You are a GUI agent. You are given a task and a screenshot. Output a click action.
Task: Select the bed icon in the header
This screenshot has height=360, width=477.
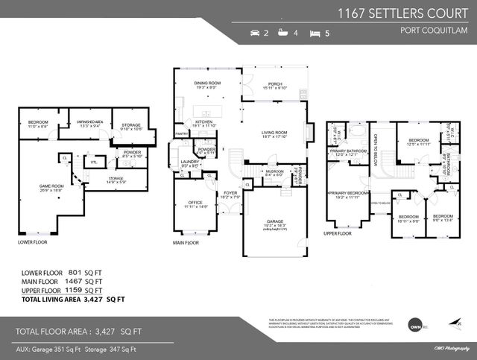(316, 34)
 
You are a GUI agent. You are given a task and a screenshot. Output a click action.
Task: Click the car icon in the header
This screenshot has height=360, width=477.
(256, 34)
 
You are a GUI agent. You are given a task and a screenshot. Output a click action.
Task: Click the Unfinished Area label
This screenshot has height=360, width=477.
(88, 123)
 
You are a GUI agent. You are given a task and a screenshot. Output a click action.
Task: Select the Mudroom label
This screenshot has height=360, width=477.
(274, 171)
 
